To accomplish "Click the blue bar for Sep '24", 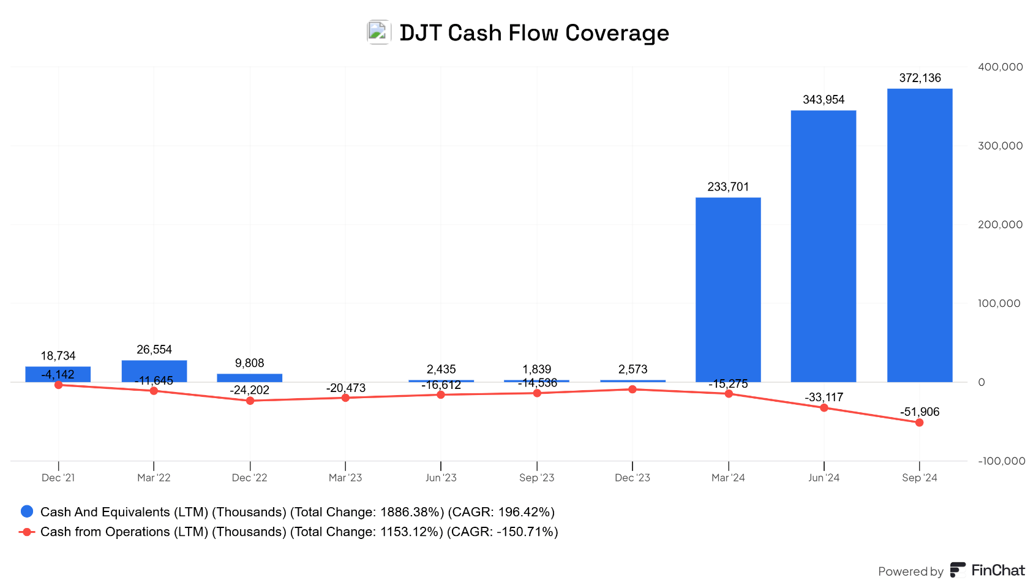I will point(919,236).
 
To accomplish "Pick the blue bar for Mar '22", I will point(154,371).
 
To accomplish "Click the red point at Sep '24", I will point(919,423).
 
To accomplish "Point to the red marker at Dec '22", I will point(250,401).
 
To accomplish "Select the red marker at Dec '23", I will point(632,390).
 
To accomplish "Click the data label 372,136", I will point(920,78).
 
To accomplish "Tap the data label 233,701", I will point(728,187).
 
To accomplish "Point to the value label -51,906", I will point(920,412).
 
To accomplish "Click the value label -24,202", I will point(250,390).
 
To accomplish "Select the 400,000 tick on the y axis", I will point(1000,67).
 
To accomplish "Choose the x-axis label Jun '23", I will point(441,478).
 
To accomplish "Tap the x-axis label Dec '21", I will point(58,478).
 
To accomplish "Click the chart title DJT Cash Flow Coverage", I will point(534,32).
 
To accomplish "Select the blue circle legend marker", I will point(27,511).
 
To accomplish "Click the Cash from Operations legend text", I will point(299,532).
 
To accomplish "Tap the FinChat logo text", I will point(997,570).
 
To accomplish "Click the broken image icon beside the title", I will point(378,32).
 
